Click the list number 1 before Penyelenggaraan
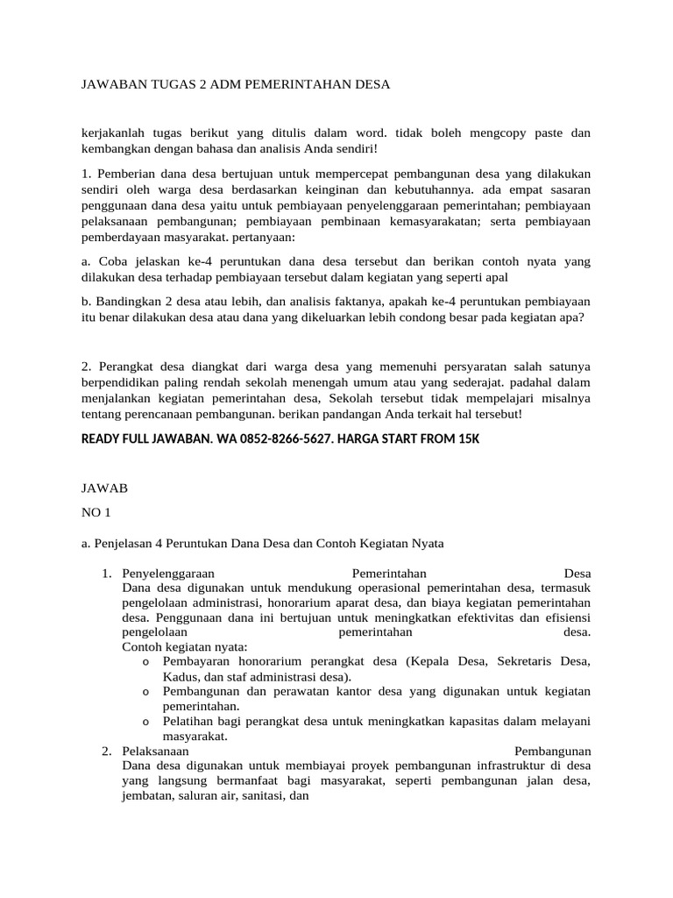coord(105,574)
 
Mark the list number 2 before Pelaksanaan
coord(105,752)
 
